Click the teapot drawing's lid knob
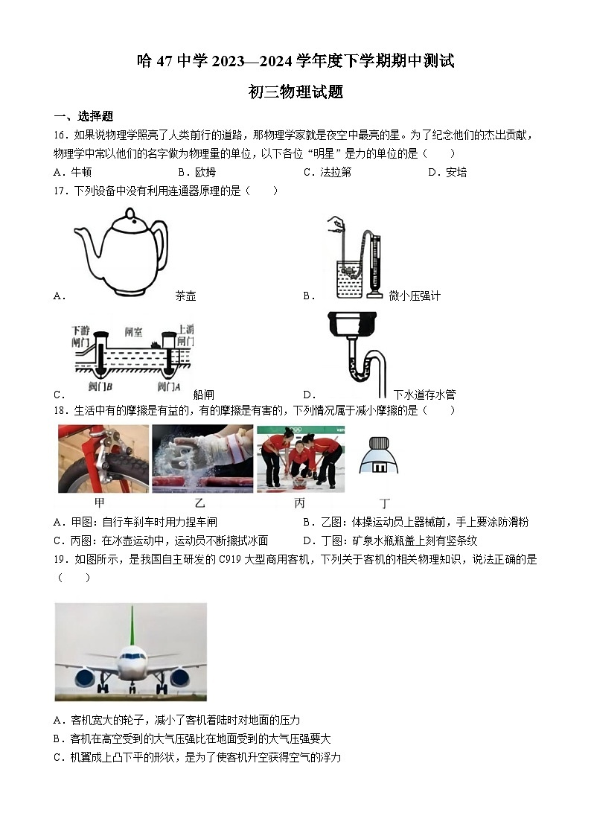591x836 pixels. coord(130,213)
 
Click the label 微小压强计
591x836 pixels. coord(415,296)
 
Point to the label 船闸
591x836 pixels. coord(203,395)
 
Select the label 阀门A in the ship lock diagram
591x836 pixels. coord(169,386)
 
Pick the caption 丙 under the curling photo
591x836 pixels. coord(299,503)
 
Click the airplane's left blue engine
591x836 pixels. coord(85,677)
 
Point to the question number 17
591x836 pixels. coord(61,191)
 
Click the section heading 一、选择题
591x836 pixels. coord(83,115)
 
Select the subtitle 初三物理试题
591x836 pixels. coord(295,92)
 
